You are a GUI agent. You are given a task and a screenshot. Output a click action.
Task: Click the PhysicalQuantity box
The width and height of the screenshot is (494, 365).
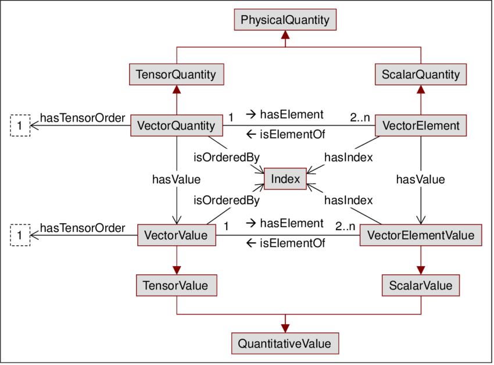[285, 20]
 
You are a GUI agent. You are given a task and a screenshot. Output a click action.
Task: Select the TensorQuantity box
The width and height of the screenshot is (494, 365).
[176, 74]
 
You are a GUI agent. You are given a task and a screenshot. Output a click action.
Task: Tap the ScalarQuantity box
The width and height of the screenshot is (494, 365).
[421, 74]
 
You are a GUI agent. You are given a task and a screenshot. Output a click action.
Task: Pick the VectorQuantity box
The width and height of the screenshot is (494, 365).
[176, 126]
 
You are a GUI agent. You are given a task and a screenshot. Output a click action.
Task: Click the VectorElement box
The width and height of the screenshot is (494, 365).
[421, 126]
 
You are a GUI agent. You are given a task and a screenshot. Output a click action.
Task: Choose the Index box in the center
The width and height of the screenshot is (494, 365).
[285, 179]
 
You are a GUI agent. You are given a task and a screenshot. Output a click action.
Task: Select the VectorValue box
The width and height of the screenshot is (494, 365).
[176, 235]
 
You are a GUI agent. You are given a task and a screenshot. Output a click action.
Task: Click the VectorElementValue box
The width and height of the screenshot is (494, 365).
[421, 235]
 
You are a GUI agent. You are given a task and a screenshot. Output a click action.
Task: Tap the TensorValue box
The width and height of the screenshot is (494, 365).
[176, 285]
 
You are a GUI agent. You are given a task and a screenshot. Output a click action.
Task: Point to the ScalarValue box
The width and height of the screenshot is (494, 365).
[421, 285]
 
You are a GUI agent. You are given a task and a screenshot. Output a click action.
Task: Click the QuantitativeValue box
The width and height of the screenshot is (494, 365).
[285, 343]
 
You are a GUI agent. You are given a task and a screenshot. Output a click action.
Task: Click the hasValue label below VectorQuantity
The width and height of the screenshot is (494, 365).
[176, 180]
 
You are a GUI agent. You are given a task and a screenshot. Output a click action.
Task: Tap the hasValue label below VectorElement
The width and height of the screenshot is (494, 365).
[420, 180]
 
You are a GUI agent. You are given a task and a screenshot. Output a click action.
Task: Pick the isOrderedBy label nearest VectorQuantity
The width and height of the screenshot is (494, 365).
[226, 156]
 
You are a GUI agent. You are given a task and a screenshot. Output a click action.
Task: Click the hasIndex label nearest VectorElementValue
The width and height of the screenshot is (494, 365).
[348, 201]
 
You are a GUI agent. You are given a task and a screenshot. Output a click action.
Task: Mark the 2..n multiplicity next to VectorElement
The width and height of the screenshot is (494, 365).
[360, 118]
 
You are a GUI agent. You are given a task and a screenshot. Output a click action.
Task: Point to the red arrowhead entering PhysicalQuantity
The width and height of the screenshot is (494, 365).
[285, 36]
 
